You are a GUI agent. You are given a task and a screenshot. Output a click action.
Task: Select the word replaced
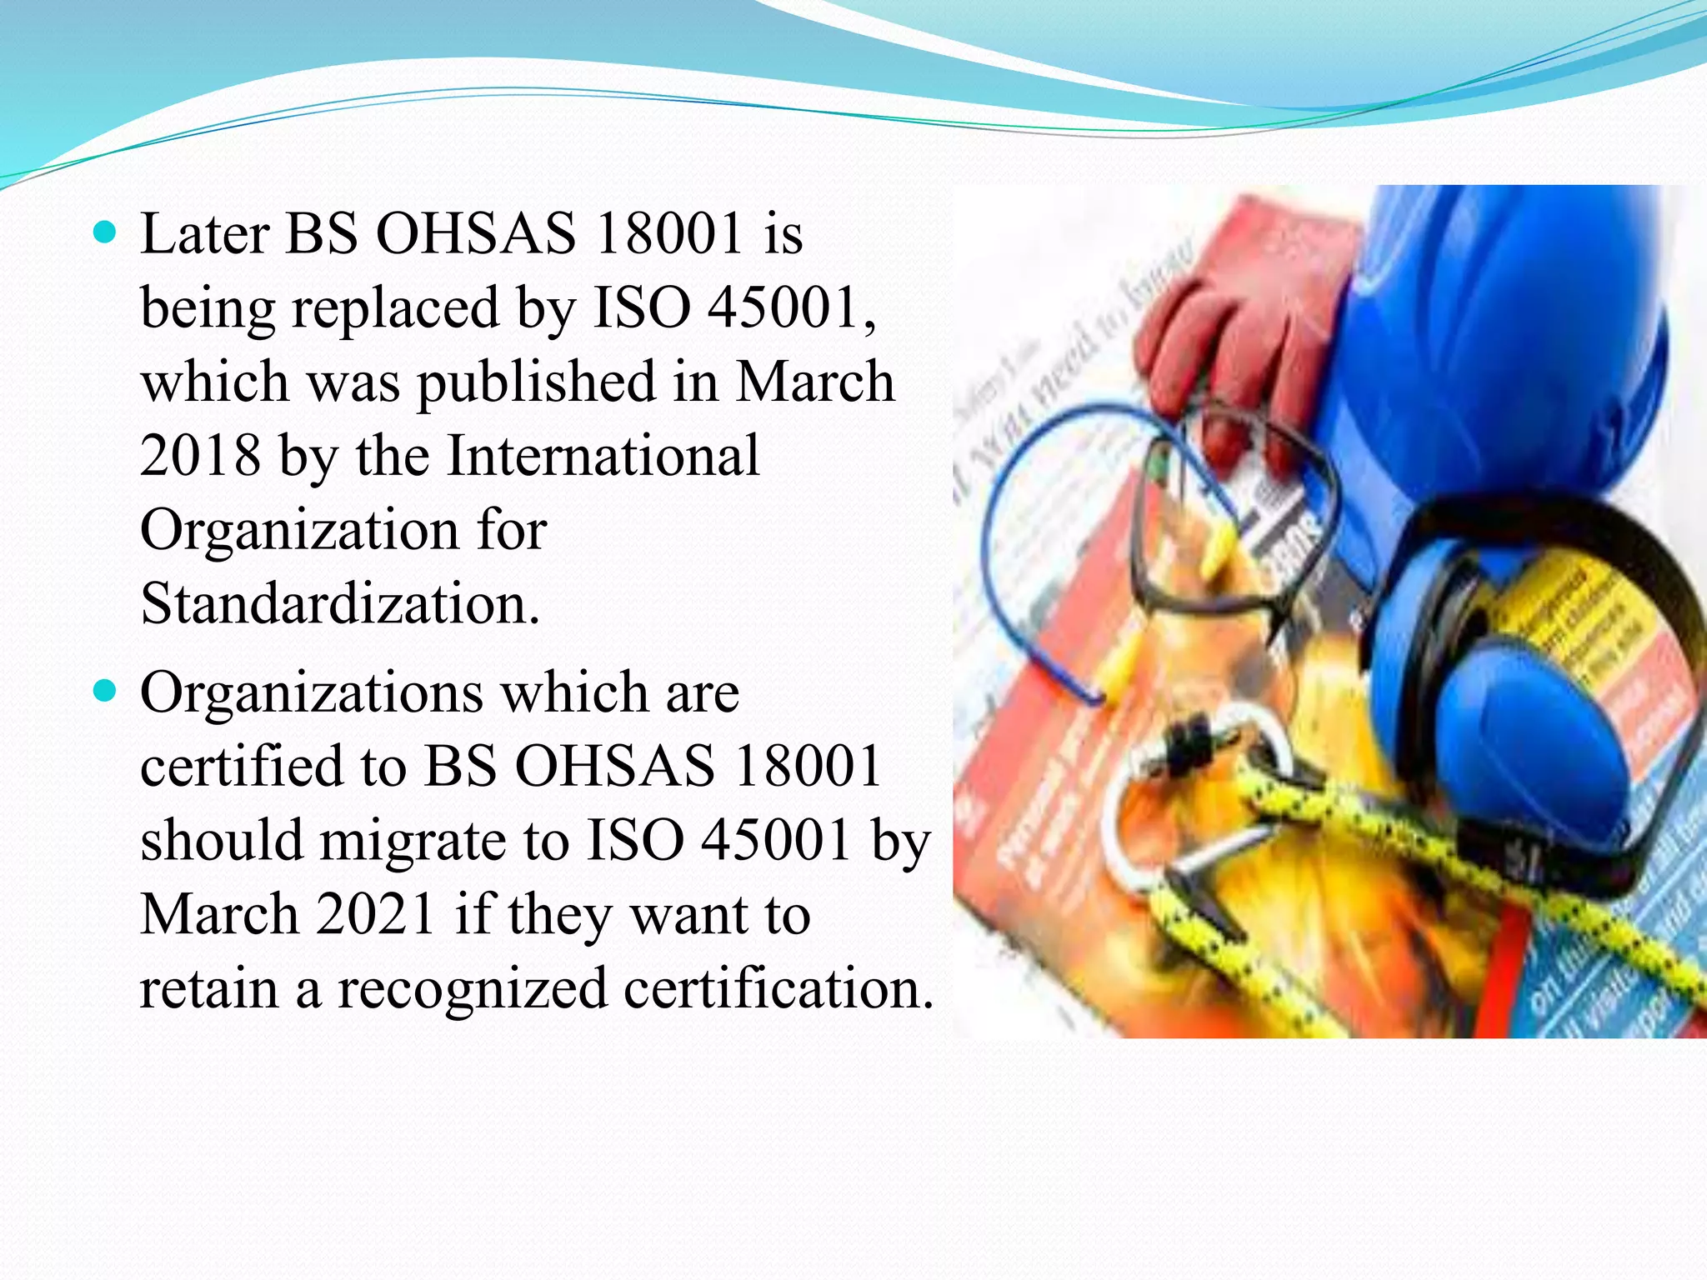[396, 308]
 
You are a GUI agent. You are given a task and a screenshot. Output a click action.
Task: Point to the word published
[536, 382]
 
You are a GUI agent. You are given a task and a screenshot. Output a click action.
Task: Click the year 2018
[200, 456]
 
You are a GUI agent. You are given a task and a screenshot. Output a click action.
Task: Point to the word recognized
[472, 988]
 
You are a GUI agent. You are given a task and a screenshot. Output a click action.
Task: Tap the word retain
[208, 988]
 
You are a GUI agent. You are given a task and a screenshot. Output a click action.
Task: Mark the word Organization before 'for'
[299, 530]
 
